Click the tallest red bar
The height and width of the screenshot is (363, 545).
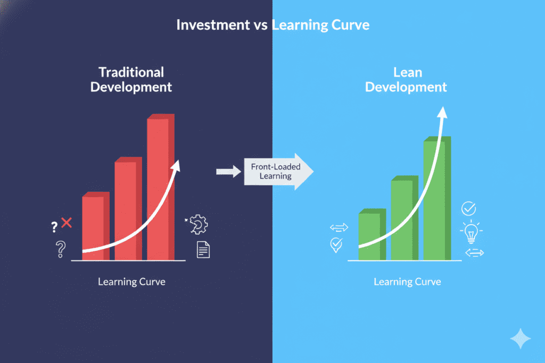pyautogui.click(x=160, y=191)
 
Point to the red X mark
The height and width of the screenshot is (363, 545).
pyautogui.click(x=67, y=223)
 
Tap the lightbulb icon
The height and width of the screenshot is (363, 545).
pyautogui.click(x=470, y=232)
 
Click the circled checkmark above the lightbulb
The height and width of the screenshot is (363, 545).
pyautogui.click(x=469, y=208)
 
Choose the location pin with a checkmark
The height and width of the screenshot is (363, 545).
pyautogui.click(x=336, y=245)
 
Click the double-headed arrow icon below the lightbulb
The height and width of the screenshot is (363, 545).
pyautogui.click(x=474, y=253)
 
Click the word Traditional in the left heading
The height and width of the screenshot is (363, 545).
pyautogui.click(x=131, y=72)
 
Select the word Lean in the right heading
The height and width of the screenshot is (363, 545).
pyautogui.click(x=406, y=72)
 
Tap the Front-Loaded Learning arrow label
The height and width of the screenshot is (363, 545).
pyautogui.click(x=276, y=171)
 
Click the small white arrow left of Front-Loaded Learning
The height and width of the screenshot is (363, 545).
pyautogui.click(x=227, y=171)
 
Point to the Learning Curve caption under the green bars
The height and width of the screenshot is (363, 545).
pyautogui.click(x=407, y=282)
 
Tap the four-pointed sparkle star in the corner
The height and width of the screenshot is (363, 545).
pyautogui.click(x=519, y=337)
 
